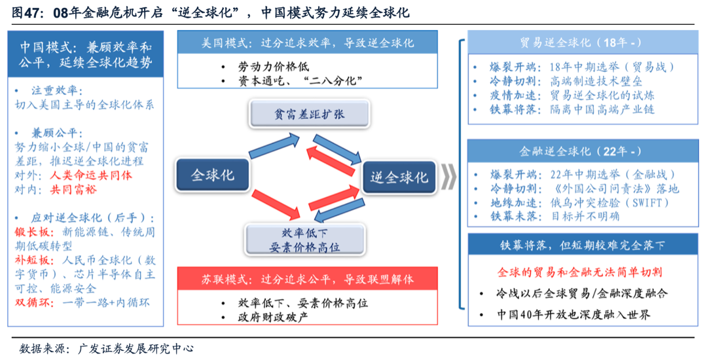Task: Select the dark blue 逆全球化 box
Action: (399, 177)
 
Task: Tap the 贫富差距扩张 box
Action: (300, 114)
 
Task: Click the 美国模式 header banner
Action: (308, 44)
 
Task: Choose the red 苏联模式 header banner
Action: (308, 279)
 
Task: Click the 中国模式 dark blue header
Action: (85, 56)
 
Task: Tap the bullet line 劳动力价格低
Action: (274, 67)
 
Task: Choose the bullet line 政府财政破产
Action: (274, 317)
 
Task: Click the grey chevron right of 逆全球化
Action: (448, 177)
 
